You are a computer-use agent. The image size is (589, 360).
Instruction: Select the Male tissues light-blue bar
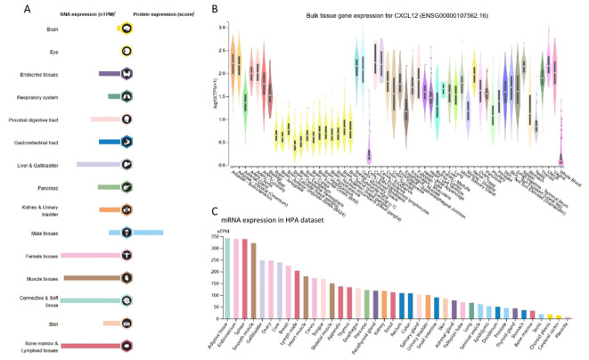click(x=148, y=233)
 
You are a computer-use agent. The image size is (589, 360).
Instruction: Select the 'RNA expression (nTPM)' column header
click(x=70, y=13)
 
